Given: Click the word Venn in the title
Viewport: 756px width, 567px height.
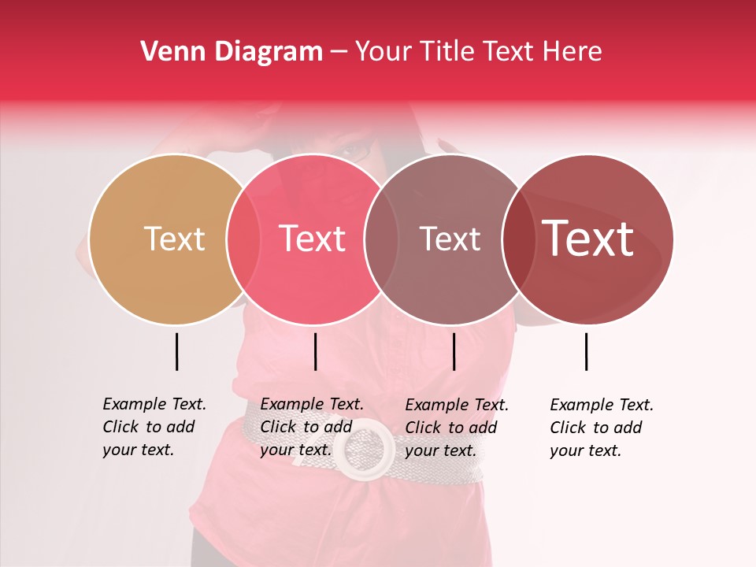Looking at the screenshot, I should (x=168, y=51).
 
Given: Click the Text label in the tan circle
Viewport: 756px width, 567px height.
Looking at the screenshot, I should (x=174, y=239).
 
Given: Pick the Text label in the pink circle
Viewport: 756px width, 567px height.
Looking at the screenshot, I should (x=312, y=239).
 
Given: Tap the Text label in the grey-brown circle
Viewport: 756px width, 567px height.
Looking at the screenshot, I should (x=450, y=239).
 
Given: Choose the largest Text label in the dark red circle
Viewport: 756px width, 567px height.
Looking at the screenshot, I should (x=587, y=239).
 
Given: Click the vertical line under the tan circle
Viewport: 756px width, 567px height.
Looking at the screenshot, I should (x=176, y=351).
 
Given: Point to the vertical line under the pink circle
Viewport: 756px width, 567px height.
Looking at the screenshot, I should (x=315, y=351).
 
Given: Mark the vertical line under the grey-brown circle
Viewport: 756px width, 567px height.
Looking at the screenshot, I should (x=454, y=351).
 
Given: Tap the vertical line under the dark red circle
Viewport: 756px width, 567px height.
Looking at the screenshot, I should (x=586, y=351).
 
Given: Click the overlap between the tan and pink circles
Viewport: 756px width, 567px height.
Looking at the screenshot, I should (x=243, y=239).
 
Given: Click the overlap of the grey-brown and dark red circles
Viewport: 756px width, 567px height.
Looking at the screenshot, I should (x=517, y=239).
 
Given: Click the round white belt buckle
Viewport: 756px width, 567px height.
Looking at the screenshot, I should (x=364, y=447).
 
